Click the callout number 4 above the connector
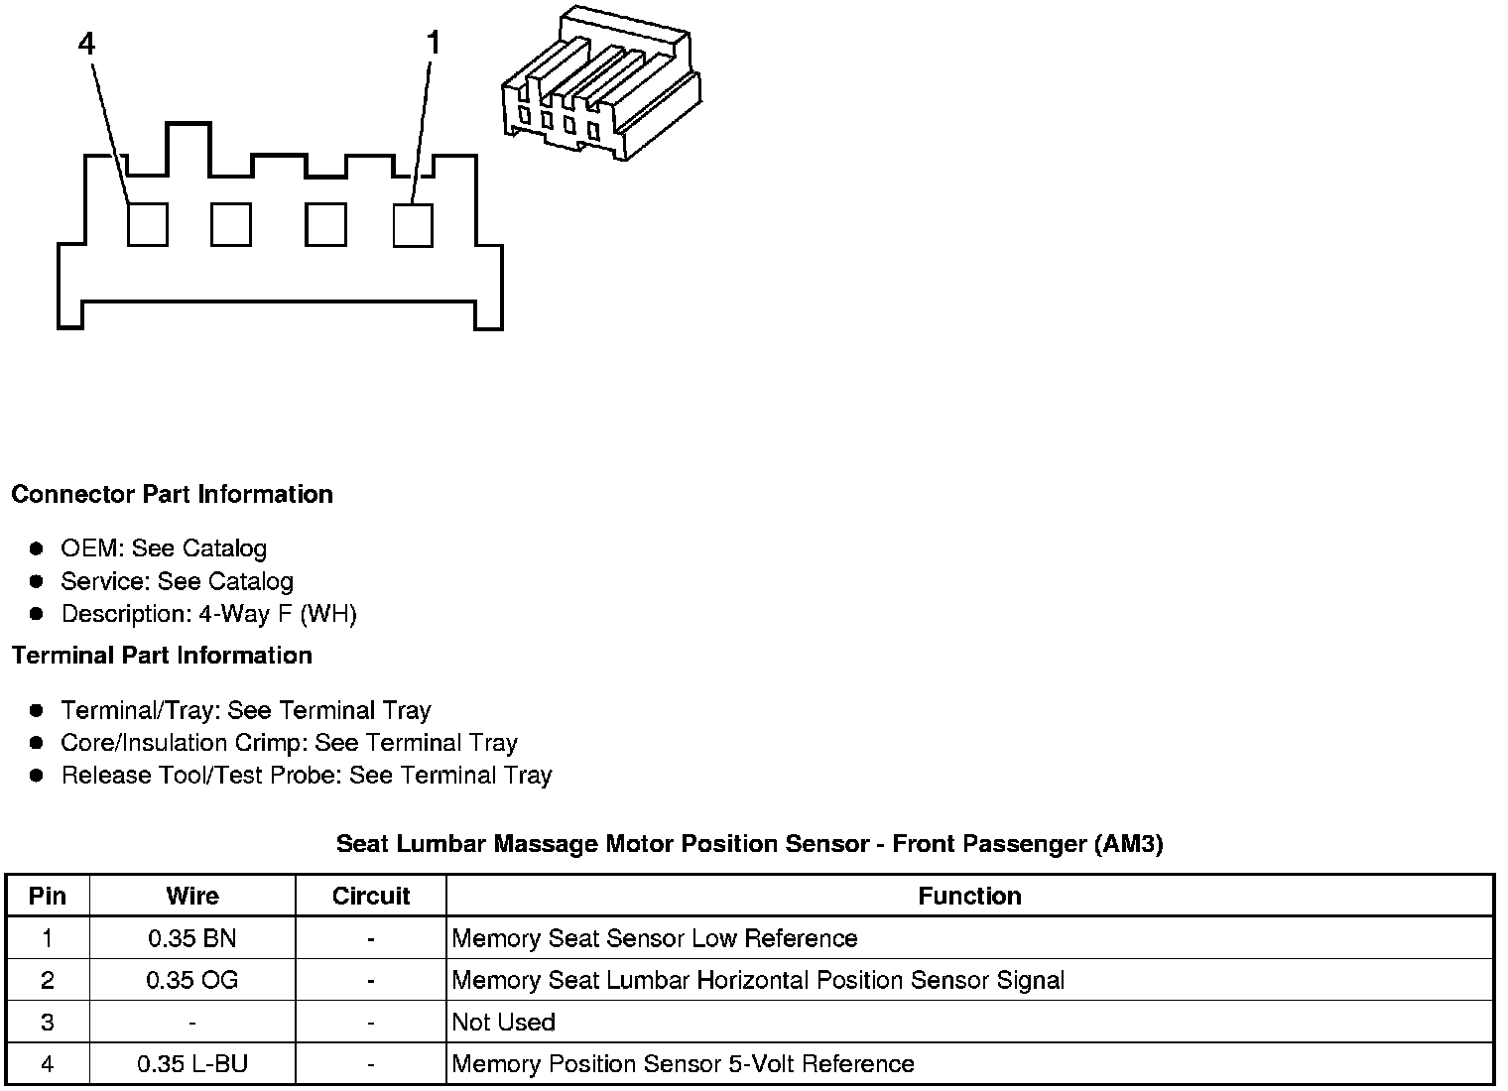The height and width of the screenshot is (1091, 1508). [x=86, y=44]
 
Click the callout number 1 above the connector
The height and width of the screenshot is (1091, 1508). [x=433, y=44]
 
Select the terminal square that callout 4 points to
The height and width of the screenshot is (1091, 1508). [x=148, y=224]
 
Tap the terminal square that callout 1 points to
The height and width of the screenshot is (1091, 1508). [x=413, y=224]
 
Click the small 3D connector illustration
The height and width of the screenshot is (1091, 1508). [x=603, y=84]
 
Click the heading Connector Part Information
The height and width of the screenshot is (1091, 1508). [x=173, y=494]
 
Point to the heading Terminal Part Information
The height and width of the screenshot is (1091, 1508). [x=162, y=656]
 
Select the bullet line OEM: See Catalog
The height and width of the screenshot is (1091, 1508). [x=164, y=548]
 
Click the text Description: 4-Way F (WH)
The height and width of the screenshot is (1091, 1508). [x=208, y=614]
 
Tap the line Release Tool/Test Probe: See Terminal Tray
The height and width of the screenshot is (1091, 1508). [x=306, y=776]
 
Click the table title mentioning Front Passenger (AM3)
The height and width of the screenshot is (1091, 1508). [x=749, y=844]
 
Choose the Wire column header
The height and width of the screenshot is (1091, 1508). [x=192, y=897]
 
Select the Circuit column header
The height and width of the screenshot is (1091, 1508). [x=371, y=897]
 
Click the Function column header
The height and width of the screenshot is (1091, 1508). [x=969, y=897]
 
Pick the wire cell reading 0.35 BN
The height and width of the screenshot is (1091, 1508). [x=192, y=938]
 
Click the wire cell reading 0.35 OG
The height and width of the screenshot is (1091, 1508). [x=192, y=981]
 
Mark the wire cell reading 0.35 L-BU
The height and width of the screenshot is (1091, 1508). [x=192, y=1064]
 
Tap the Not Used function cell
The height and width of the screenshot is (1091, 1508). [x=503, y=1023]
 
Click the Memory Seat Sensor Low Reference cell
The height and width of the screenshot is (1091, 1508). [x=655, y=938]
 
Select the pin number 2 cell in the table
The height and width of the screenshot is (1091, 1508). [x=48, y=981]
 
